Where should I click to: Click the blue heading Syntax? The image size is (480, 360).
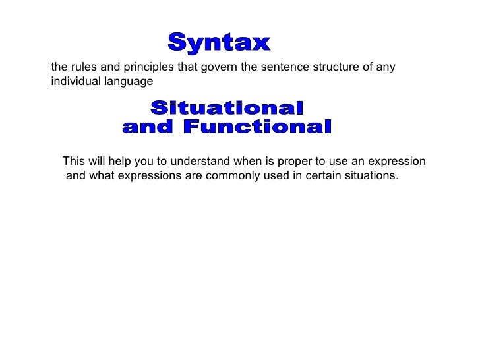tap(219, 43)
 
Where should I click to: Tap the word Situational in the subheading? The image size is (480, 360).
tap(227, 107)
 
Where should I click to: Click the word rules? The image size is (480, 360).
tap(82, 67)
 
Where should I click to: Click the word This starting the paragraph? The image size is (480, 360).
tap(73, 162)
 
